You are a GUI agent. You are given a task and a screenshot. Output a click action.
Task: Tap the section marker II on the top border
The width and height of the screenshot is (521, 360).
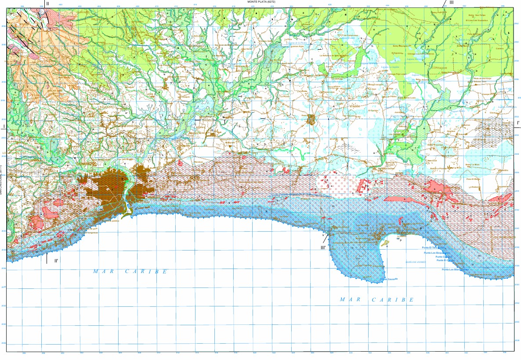[47, 4]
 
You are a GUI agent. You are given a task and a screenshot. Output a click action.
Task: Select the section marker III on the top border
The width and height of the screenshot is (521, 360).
[451, 3]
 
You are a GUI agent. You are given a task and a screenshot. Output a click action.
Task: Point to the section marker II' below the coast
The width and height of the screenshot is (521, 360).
[56, 261]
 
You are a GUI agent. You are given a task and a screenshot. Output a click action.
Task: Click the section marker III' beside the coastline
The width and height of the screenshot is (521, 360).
[323, 247]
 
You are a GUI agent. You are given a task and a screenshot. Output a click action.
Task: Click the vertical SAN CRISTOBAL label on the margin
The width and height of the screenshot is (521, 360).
[2, 180]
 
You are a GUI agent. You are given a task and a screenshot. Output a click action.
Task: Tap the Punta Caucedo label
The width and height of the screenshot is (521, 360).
[389, 279]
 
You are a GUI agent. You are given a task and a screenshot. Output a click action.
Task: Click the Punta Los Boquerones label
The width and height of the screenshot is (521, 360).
[437, 253]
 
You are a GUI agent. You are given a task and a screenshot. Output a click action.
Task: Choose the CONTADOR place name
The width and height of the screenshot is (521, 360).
[440, 68]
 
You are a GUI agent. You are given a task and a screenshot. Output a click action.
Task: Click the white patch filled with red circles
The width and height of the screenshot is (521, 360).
[338, 185]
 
